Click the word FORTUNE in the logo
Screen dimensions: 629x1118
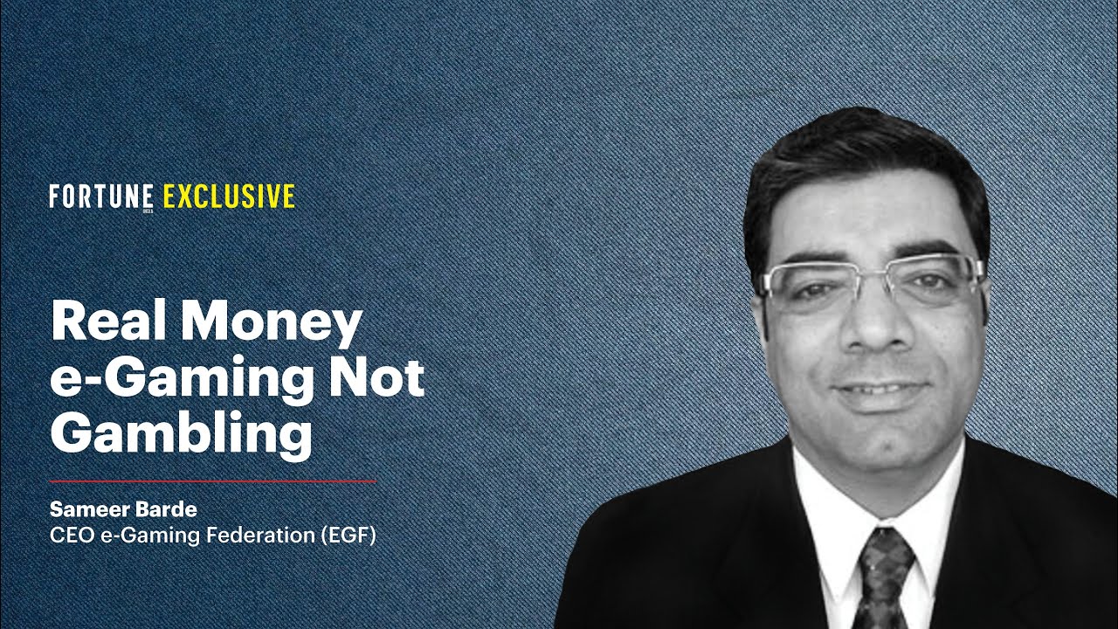pos(101,197)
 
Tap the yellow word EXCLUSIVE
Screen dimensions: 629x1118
pos(229,197)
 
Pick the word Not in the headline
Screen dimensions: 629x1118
pos(381,379)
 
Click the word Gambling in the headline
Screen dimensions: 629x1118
pos(181,434)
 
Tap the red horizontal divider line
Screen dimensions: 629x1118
pos(212,481)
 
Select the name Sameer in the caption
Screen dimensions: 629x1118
pos(85,508)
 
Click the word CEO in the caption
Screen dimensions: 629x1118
pos(67,535)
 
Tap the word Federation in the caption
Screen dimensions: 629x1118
pos(263,535)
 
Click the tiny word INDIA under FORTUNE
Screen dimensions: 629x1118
pos(148,210)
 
